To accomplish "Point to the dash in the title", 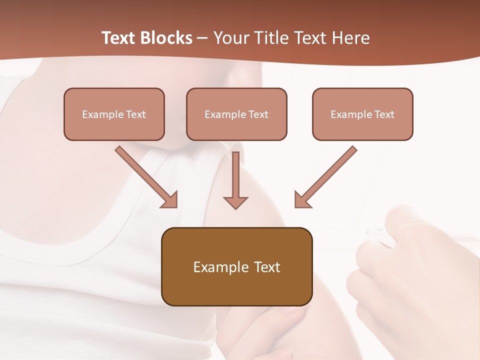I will [203, 38].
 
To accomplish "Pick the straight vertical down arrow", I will [235, 180].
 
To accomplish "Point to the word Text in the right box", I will [384, 114].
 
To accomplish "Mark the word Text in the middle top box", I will [258, 114].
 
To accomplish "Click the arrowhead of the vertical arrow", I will [235, 202].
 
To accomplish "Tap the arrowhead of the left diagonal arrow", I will [170, 200].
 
